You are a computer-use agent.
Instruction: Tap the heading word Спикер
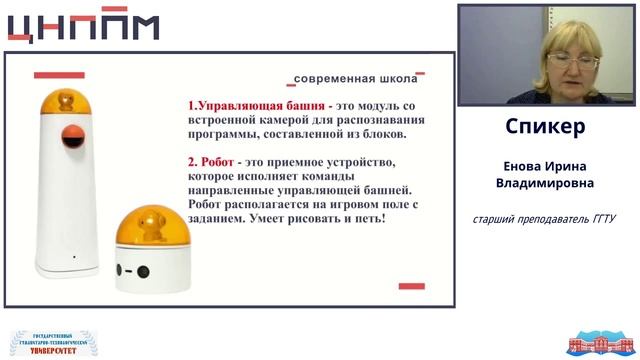click(x=545, y=128)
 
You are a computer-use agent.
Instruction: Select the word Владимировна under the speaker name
click(x=545, y=183)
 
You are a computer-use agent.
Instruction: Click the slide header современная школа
click(x=354, y=77)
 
